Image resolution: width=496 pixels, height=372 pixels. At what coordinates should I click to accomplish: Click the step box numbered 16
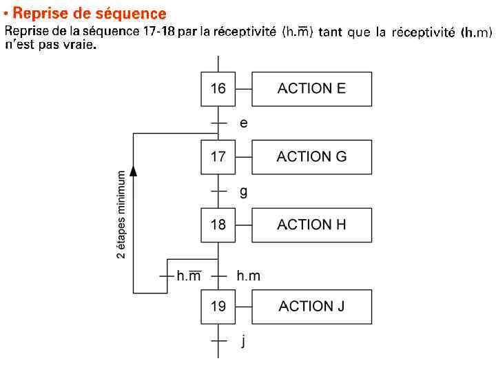click(x=218, y=89)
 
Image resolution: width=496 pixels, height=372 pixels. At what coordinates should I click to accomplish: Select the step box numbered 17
click(x=218, y=157)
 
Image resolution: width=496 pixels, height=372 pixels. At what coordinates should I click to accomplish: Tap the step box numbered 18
click(x=218, y=225)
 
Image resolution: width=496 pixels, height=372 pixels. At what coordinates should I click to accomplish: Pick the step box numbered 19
click(x=218, y=307)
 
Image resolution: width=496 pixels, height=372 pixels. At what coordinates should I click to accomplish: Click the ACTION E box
click(x=311, y=89)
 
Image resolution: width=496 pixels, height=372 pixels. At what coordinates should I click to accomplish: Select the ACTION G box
click(x=311, y=157)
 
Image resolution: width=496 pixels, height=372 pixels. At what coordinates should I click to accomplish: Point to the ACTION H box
click(x=311, y=225)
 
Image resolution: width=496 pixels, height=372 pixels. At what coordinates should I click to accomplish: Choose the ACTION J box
click(x=311, y=307)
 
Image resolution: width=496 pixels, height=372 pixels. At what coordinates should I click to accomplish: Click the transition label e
click(x=243, y=123)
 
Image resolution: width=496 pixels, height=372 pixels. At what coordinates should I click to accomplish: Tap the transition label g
click(x=243, y=192)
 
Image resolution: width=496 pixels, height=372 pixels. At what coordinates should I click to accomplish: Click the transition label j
click(x=243, y=341)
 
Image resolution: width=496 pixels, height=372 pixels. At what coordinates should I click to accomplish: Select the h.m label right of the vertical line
click(x=248, y=276)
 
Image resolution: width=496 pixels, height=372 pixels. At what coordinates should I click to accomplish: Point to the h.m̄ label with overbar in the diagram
click(x=189, y=276)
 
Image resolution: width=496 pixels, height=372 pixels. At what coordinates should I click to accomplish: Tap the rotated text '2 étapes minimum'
click(x=121, y=214)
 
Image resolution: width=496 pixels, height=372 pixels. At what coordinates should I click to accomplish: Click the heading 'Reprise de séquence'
click(x=90, y=14)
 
